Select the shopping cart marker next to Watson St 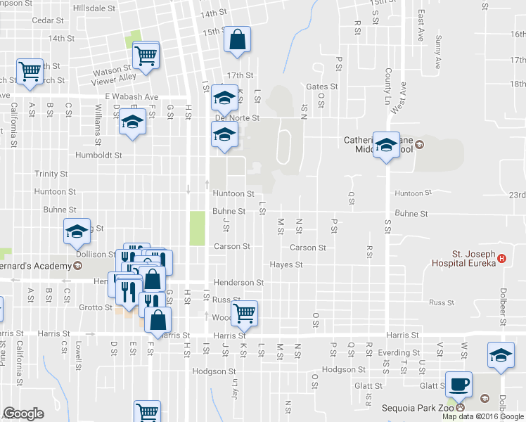(x=146, y=54)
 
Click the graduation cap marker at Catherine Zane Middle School (x=386, y=145)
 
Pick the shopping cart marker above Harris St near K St (x=244, y=313)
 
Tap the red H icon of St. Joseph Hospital (x=501, y=258)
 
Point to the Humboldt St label (x=99, y=155)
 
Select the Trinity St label (x=51, y=174)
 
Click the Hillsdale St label (x=98, y=8)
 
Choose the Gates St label (x=322, y=87)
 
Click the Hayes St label (x=286, y=265)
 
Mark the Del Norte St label (x=237, y=118)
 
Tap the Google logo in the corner (x=23, y=414)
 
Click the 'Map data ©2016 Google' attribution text (x=483, y=416)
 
